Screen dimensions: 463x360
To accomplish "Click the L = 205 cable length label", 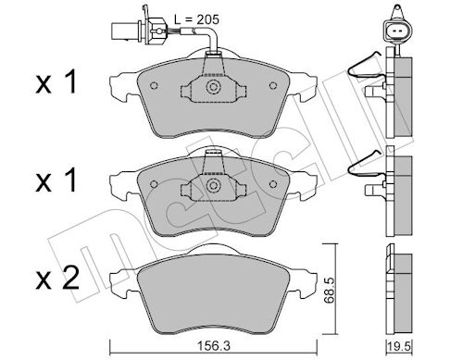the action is [x=196, y=19].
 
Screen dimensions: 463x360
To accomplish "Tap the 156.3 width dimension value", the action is [x=213, y=346].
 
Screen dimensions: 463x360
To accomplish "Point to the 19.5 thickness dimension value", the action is [x=400, y=347].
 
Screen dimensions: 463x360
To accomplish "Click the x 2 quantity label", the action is [x=57, y=279].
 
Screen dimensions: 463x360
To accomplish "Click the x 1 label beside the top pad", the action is [x=56, y=82].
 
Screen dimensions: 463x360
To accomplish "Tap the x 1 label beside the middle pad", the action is [x=56, y=181].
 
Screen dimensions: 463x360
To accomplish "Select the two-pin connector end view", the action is [x=395, y=29].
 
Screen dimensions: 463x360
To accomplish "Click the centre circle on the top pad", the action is [x=213, y=87].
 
